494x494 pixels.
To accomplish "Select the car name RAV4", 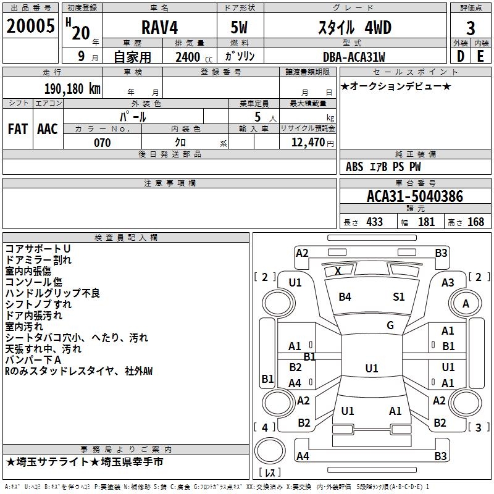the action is coord(159,28).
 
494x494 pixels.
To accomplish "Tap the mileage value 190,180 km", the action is coord(73,89).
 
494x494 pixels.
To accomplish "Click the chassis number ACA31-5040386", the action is coord(414,197).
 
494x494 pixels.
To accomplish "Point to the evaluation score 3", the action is coord(471,28).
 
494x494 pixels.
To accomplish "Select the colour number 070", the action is coord(103,143).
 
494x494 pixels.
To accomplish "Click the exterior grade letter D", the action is coord(460,57).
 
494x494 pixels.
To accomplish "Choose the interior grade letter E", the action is coord(480,57).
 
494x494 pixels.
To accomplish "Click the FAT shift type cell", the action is coord(18,129).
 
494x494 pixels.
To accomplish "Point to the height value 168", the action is coord(475,222).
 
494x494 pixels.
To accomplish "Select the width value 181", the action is coord(426,222).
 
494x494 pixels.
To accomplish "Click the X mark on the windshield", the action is coord(338,271).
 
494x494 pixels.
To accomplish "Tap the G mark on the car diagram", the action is coord(390,325).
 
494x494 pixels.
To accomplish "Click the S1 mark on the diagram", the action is coord(399,297).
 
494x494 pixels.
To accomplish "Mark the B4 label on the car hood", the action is coord(345,297).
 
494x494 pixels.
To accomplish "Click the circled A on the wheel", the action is coord(466,304).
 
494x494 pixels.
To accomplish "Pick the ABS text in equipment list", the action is coord(354,167).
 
